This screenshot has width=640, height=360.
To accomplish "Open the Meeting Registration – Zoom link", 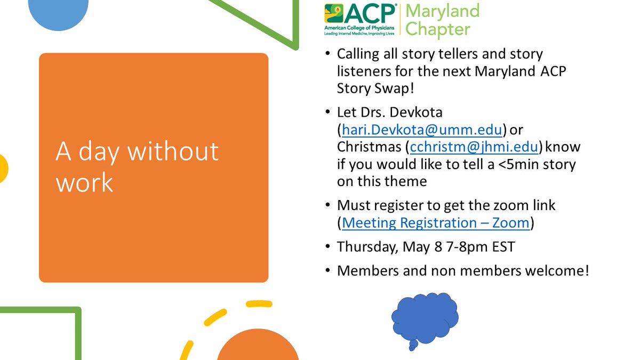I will pyautogui.click(x=436, y=222).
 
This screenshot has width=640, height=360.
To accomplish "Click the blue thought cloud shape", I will pyautogui.click(x=425, y=318).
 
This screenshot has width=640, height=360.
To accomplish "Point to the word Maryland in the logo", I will pyautogui.click(x=443, y=11).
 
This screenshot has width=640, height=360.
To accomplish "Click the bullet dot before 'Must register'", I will pyautogui.click(x=328, y=205).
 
